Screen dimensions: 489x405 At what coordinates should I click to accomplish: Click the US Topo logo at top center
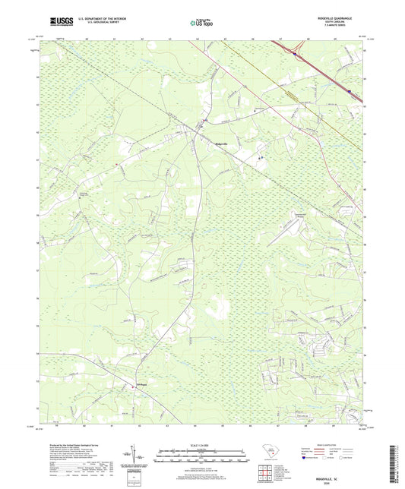(199, 23)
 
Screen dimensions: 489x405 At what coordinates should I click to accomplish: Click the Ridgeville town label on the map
(217, 144)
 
